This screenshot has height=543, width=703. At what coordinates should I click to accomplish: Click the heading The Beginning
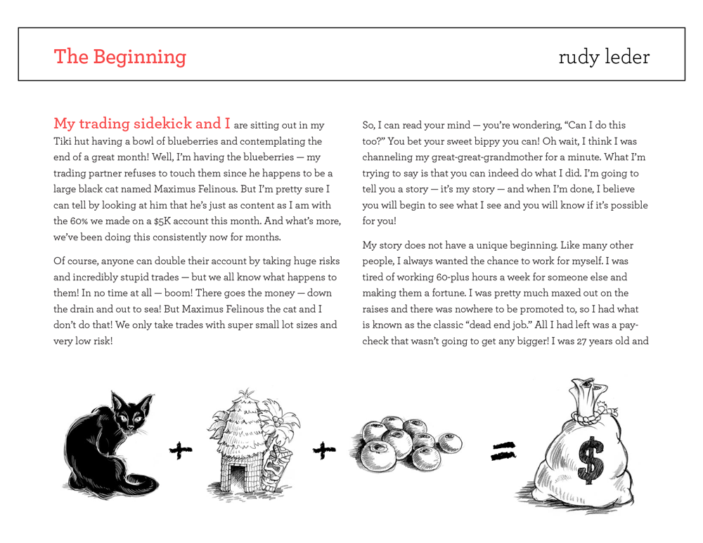click(120, 56)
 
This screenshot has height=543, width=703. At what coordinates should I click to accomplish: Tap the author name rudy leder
click(604, 57)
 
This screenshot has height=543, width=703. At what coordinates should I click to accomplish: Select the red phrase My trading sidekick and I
click(142, 124)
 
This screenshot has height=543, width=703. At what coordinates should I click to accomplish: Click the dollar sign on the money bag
click(588, 460)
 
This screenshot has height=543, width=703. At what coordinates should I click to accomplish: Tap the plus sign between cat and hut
click(181, 451)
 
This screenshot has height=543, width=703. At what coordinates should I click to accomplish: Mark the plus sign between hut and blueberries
click(323, 451)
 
